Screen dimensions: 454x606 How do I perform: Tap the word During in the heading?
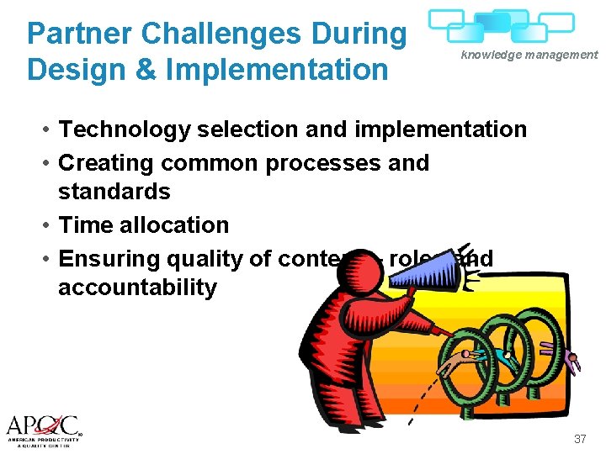click(362, 34)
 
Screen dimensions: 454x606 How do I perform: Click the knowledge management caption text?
click(529, 55)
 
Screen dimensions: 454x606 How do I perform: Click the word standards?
click(114, 192)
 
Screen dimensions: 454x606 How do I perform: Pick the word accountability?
click(137, 288)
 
